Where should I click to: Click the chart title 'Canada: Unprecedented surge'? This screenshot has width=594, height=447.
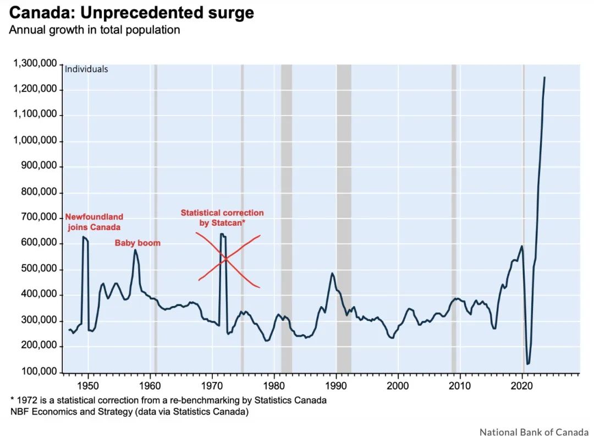[x=131, y=13]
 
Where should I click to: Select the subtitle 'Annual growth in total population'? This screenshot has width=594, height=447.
[x=94, y=30]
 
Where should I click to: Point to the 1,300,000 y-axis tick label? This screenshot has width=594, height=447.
[x=35, y=64]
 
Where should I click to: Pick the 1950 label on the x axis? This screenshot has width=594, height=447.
[x=88, y=384]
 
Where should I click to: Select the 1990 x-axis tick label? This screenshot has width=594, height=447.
[x=336, y=384]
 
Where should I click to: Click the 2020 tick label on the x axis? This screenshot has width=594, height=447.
[x=522, y=384]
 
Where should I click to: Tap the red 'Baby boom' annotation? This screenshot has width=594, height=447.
[x=137, y=243]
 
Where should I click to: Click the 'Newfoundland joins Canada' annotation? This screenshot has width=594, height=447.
[x=94, y=222]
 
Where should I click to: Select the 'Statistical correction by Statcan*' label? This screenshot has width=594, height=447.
[x=222, y=217]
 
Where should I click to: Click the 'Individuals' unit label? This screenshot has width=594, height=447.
[x=86, y=69]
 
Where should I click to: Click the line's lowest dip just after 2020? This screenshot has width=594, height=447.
[x=528, y=363]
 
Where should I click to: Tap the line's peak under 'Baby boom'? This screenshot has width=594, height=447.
[x=135, y=250]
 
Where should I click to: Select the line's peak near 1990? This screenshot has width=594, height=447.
[x=332, y=273]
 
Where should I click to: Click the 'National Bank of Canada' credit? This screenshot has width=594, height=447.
[x=530, y=432]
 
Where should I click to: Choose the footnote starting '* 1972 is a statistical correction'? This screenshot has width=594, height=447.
[x=168, y=400]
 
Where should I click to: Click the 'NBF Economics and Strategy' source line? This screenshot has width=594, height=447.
[x=129, y=411]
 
